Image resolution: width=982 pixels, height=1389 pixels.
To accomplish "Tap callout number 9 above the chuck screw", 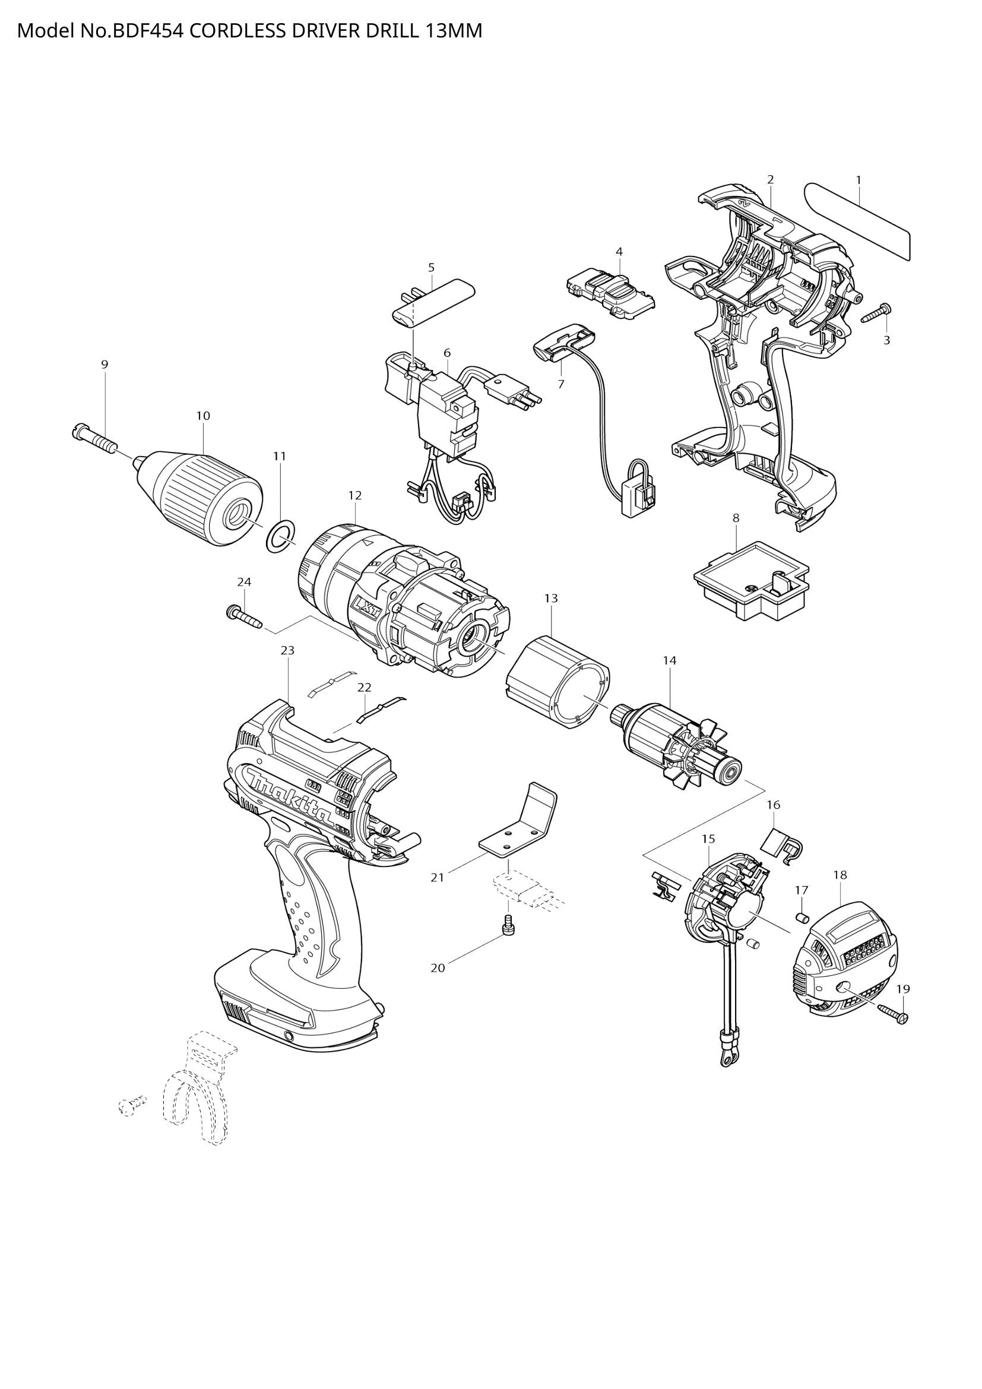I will [x=104, y=364].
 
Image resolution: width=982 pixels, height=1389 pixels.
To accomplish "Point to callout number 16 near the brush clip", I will [x=774, y=805].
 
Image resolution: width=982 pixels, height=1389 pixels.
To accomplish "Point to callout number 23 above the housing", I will [x=288, y=650].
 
